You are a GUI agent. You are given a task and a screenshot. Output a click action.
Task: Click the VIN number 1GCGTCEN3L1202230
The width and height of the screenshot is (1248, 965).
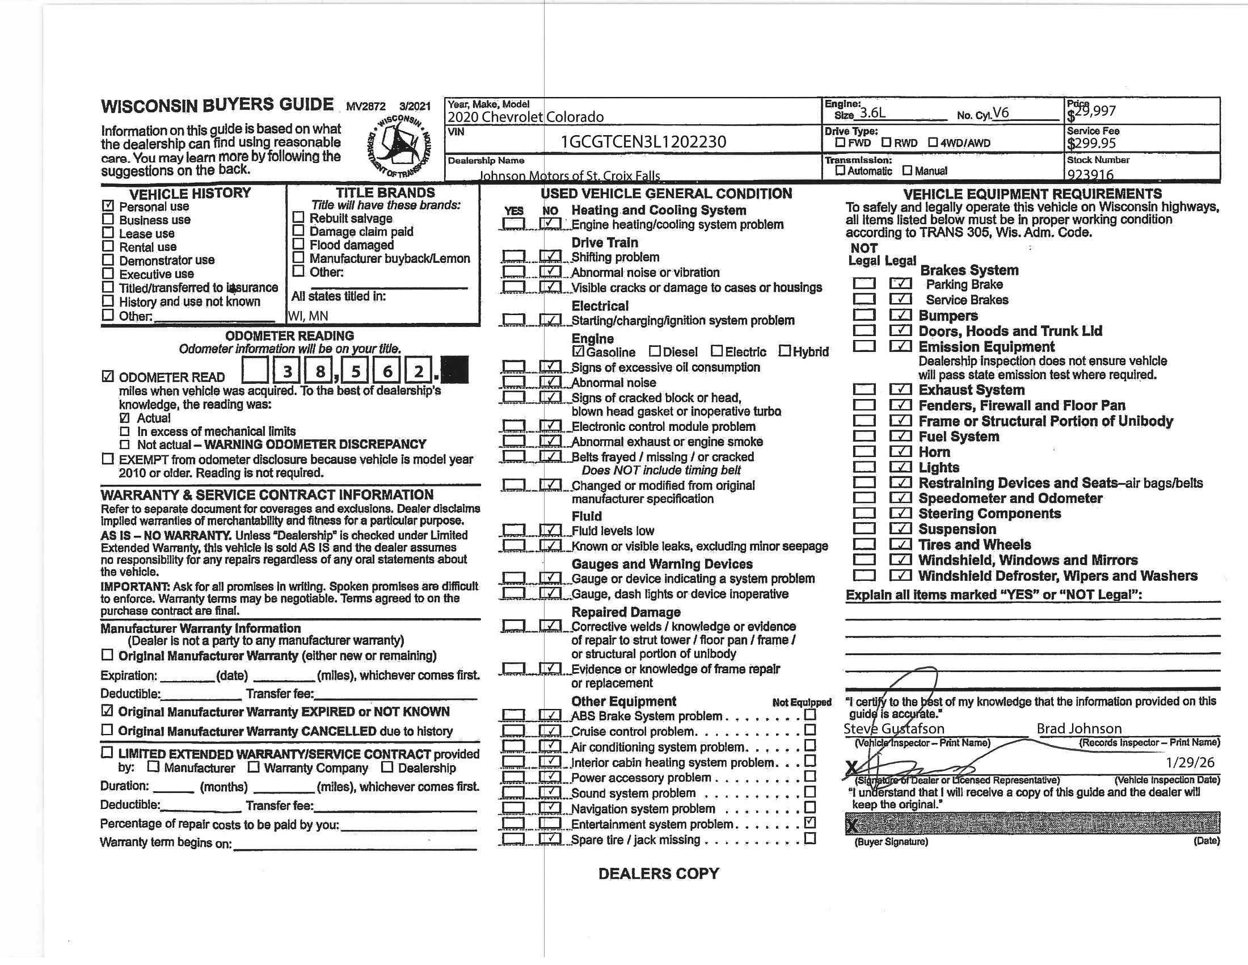click(643, 142)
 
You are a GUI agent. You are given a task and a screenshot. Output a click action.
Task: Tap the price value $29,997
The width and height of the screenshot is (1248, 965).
click(1091, 112)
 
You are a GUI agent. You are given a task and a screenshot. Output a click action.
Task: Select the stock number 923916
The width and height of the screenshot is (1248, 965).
click(1090, 174)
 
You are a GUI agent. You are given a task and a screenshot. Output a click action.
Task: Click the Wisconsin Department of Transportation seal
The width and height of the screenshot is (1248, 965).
click(399, 146)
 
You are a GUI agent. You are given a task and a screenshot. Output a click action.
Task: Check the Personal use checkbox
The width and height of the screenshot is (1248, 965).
click(108, 206)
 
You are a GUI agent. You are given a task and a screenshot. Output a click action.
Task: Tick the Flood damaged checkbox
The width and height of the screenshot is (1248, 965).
click(298, 244)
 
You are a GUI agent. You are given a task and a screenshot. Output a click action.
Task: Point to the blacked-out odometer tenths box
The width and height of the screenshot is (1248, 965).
click(455, 370)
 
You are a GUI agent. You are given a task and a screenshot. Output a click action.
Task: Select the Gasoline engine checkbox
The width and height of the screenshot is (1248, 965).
click(578, 351)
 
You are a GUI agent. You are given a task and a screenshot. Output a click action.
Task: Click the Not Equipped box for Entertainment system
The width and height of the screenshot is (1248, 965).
click(809, 823)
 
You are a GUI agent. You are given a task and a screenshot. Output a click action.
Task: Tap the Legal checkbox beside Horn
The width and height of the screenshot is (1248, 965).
click(901, 452)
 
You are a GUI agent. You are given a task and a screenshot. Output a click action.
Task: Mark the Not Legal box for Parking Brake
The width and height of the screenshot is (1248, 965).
click(863, 284)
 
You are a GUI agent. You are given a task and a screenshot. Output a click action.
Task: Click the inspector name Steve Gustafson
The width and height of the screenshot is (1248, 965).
click(893, 729)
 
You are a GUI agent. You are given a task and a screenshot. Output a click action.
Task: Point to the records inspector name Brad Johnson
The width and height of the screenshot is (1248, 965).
click(1079, 729)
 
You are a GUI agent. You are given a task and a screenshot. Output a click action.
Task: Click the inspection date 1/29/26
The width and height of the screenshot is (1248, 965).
click(1190, 762)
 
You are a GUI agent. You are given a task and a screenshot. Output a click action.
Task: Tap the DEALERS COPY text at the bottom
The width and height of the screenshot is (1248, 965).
click(658, 874)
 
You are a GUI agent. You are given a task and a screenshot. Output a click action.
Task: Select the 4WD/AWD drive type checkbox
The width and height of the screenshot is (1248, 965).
click(933, 142)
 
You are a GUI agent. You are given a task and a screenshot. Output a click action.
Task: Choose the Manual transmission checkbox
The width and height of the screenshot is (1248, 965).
click(908, 170)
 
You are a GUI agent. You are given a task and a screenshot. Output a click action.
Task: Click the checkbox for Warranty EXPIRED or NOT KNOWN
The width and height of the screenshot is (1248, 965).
click(107, 711)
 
